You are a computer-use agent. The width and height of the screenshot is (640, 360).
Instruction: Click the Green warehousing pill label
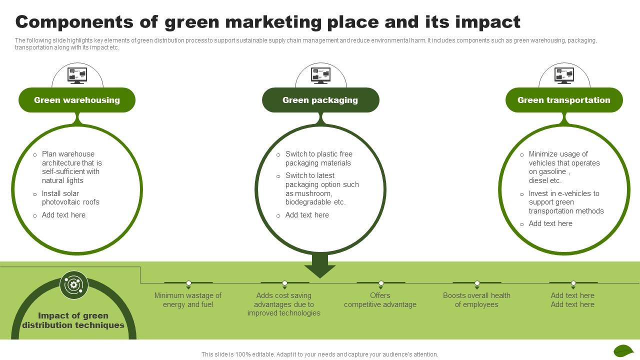pos(77,100)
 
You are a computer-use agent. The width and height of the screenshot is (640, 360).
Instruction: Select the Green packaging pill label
pos(320,100)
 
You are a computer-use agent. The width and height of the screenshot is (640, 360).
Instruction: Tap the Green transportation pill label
pos(563,100)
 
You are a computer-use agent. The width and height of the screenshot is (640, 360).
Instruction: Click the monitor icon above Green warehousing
pos(77,75)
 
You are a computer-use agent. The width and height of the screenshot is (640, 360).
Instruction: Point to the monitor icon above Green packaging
pos(320,75)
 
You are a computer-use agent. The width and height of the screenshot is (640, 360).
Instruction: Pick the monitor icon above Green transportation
pos(564,75)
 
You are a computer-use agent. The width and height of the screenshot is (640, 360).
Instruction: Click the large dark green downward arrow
pos(320,265)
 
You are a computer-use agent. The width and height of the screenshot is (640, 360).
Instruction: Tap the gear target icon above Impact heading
pos(74,285)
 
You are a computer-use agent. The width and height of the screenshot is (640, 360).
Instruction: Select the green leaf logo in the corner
pos(623,350)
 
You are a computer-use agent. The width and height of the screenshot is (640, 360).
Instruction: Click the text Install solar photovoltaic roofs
pos(70,198)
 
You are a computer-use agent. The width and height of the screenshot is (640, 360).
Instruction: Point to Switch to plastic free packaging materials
pos(318,158)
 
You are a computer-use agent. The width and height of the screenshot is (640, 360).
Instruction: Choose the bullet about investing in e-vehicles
pos(565,202)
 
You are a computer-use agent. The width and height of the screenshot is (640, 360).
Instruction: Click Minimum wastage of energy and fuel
pos(188,300)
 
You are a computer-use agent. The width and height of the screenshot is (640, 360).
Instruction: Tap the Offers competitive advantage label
pos(380,300)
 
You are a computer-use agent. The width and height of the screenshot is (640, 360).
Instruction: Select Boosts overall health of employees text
pos(476,300)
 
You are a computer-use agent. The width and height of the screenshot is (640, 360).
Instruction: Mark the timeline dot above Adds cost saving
pos(284,283)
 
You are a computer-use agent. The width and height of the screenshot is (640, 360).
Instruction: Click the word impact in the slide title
pos(491,22)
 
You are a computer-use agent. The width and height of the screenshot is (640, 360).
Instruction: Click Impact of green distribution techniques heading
pos(73,320)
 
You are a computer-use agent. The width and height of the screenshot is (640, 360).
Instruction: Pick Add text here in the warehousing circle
pos(63,215)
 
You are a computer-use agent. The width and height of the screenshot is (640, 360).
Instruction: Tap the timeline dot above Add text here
pos(573,283)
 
